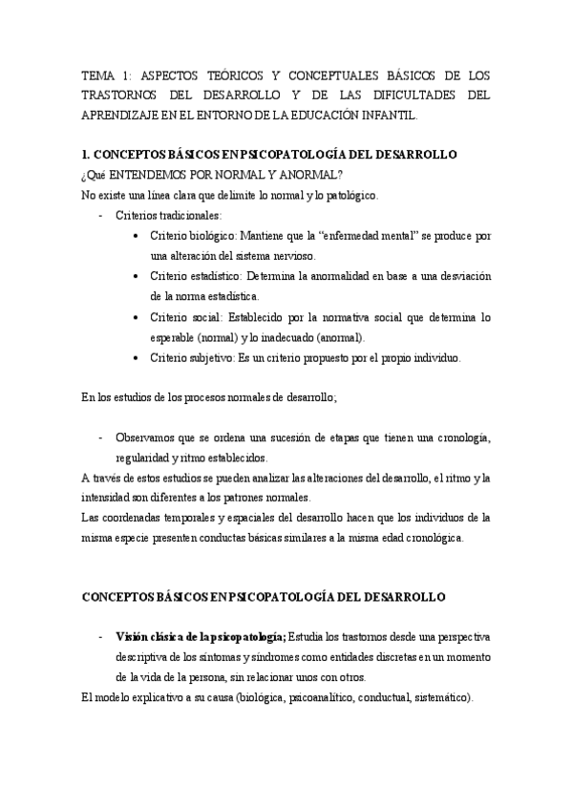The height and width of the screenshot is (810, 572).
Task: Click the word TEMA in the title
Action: click(97, 75)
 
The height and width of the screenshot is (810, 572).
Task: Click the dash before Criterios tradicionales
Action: click(101, 216)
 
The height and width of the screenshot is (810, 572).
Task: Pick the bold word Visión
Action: click(133, 636)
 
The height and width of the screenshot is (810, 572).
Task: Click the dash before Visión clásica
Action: click(101, 636)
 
